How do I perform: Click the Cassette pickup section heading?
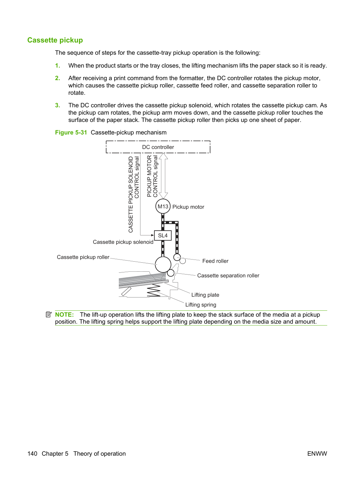[55, 40]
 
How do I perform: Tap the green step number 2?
[58, 78]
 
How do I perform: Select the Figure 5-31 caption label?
[71, 132]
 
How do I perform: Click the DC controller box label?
[158, 147]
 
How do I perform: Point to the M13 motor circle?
[163, 206]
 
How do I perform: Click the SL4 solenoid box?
[163, 235]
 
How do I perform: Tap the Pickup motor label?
[188, 207]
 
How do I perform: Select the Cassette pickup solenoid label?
[123, 242]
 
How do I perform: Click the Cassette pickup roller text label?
[83, 257]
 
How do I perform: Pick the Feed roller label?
[215, 261]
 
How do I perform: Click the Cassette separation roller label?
[228, 276]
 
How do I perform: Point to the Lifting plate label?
[205, 295]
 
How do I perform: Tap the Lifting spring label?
[201, 304]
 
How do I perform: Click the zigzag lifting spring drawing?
[154, 290]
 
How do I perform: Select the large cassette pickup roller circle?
[163, 264]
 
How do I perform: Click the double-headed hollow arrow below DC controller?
[163, 176]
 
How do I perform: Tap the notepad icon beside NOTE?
[49, 315]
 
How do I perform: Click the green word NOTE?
[64, 315]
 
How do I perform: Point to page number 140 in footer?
[32, 454]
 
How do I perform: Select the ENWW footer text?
[317, 454]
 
